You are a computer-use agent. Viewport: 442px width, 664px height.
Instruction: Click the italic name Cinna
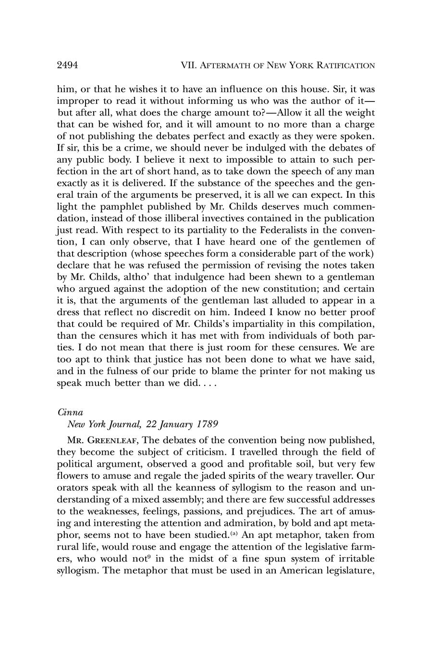coord(70,412)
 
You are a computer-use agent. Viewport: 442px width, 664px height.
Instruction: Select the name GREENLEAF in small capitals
coord(110,440)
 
